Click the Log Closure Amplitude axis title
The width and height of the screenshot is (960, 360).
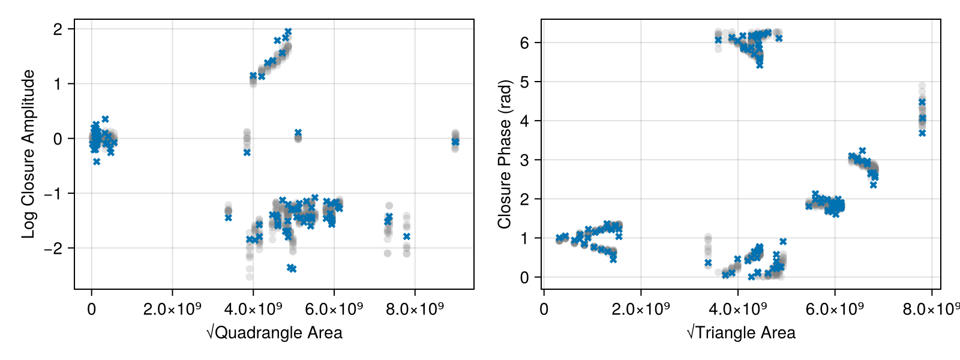coord(28,154)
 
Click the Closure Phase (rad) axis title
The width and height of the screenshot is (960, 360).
coord(505,154)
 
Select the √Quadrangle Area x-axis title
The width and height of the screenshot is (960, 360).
coord(274,333)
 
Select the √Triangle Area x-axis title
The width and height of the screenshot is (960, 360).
coord(741,333)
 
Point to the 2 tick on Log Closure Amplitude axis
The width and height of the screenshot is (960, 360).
coord(58,29)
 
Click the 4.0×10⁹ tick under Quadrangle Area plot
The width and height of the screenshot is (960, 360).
coord(253,310)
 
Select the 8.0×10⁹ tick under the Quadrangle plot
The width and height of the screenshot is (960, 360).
coord(415,310)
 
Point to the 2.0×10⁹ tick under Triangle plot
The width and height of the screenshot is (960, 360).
coord(641,310)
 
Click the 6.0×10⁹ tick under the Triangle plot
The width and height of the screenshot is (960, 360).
coord(835,310)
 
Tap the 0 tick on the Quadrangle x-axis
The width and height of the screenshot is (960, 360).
coord(91,310)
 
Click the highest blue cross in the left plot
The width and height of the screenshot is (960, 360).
coord(288,31)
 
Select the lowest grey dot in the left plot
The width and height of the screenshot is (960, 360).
coord(250,277)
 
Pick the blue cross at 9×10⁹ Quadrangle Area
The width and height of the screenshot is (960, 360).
coord(455,142)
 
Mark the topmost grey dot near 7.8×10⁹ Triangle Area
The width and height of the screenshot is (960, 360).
coord(922,86)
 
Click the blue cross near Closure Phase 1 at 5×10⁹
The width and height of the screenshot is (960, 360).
coord(783,241)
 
